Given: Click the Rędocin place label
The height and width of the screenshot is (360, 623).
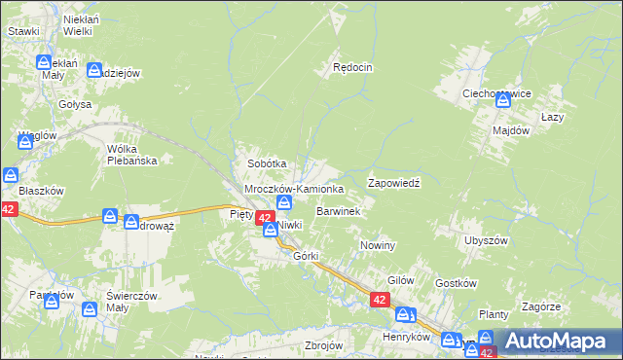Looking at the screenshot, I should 353,68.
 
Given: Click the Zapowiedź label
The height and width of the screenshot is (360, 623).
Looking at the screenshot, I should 393,183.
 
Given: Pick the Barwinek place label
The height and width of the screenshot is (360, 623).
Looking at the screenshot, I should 339,210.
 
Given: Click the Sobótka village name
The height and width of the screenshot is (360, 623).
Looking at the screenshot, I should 267,164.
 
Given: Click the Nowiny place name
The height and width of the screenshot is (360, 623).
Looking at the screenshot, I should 378,246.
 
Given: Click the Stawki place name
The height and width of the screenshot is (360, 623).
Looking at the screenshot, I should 23,31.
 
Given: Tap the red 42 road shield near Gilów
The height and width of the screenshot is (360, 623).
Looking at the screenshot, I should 381,303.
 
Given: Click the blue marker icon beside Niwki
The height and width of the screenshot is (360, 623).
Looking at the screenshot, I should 270,229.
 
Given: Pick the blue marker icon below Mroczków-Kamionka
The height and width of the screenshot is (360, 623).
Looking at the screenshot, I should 284,202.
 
